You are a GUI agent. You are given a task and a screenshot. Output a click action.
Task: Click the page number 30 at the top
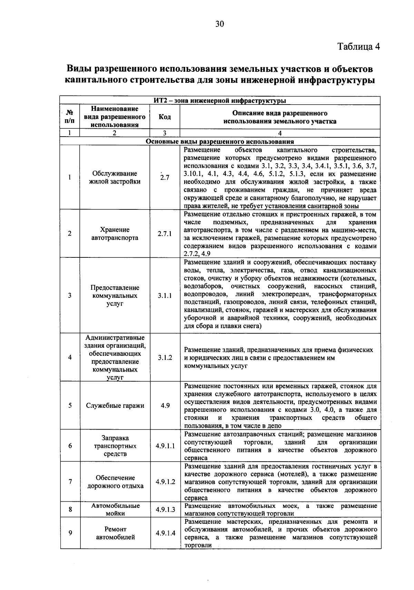(220, 24)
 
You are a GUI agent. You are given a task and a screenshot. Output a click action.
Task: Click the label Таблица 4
(358, 47)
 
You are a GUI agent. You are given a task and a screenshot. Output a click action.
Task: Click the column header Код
(165, 117)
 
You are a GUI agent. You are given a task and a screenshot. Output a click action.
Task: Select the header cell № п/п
(70, 117)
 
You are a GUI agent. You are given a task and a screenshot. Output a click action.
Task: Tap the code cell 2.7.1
(165, 234)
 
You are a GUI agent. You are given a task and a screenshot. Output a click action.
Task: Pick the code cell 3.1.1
(165, 296)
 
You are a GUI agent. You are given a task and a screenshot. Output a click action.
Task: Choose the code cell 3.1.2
(165, 358)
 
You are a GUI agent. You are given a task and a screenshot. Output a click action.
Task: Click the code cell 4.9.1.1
(165, 446)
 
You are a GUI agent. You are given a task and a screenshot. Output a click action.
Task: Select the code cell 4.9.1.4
(165, 533)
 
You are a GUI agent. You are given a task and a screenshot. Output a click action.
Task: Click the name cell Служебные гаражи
(115, 405)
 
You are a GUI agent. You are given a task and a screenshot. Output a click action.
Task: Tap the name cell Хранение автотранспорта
(115, 234)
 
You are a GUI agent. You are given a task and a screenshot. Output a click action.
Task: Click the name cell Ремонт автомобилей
(115, 533)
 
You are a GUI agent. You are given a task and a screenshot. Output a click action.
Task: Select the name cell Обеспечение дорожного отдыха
(115, 482)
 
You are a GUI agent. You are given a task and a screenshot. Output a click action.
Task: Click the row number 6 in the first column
(70, 446)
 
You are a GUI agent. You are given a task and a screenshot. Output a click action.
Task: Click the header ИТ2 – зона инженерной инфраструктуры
(220, 101)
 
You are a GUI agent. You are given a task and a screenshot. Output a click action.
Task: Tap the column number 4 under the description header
(280, 134)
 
